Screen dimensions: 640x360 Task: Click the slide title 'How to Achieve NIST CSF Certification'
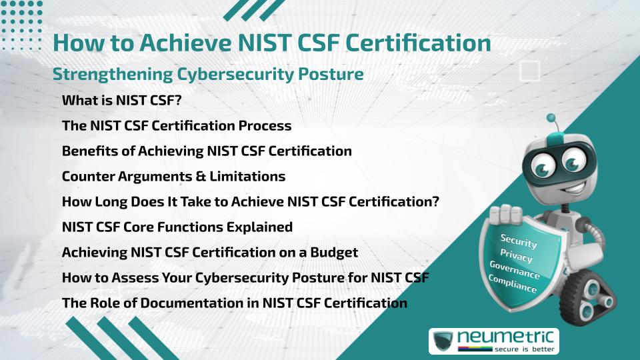(x=272, y=43)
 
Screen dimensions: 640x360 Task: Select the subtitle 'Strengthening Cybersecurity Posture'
(x=208, y=74)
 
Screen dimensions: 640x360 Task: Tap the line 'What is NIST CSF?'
(x=121, y=101)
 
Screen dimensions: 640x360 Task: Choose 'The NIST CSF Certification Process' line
(x=177, y=126)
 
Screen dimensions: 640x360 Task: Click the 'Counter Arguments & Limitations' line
(x=173, y=176)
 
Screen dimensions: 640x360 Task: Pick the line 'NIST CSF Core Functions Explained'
(x=177, y=227)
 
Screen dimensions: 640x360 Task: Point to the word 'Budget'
(x=334, y=253)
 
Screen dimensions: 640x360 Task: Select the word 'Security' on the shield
(x=519, y=241)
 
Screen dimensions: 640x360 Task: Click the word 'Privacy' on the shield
(x=516, y=256)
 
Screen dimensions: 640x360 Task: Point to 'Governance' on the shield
(x=515, y=270)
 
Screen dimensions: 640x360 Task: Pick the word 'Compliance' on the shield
(x=512, y=284)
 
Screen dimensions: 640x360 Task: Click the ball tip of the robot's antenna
(x=551, y=118)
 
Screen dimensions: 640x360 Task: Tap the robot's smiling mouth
(x=574, y=189)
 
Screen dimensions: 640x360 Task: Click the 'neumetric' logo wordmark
(x=505, y=337)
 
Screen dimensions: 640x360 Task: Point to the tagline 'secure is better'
(x=525, y=349)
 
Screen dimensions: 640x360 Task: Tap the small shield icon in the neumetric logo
(x=443, y=341)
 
